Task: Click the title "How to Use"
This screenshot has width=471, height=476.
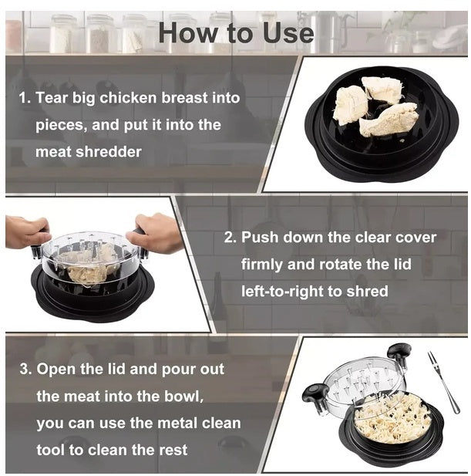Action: coord(235,32)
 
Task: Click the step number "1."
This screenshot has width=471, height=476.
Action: coord(25,99)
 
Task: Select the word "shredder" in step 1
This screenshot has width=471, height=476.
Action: coord(109,152)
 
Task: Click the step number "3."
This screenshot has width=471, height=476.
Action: coord(25,369)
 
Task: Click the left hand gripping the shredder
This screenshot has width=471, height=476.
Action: coord(27,231)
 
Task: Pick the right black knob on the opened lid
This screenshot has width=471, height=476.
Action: coord(399,354)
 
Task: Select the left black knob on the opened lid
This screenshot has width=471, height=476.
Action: coord(317,399)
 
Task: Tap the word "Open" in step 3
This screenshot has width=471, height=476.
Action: coord(56,369)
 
